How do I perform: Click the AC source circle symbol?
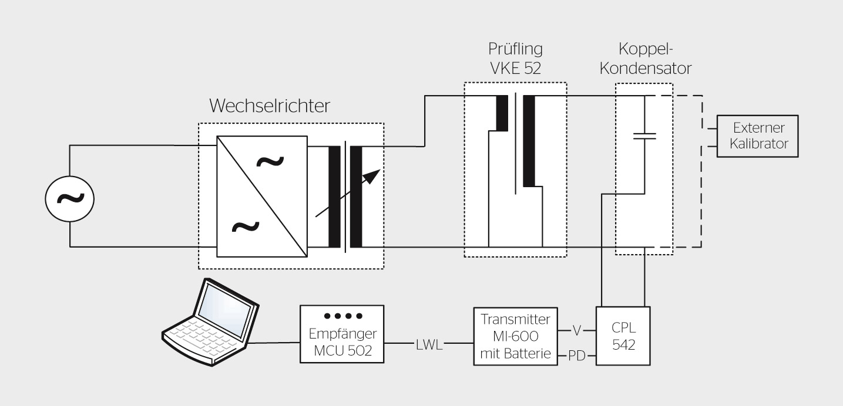click(70, 199)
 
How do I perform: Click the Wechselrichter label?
click(270, 106)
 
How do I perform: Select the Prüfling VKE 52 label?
click(515, 58)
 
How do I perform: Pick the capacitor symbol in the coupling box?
click(644, 136)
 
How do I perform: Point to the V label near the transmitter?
click(576, 330)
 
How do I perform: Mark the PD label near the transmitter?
click(576, 356)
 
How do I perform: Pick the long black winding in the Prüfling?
click(529, 141)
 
